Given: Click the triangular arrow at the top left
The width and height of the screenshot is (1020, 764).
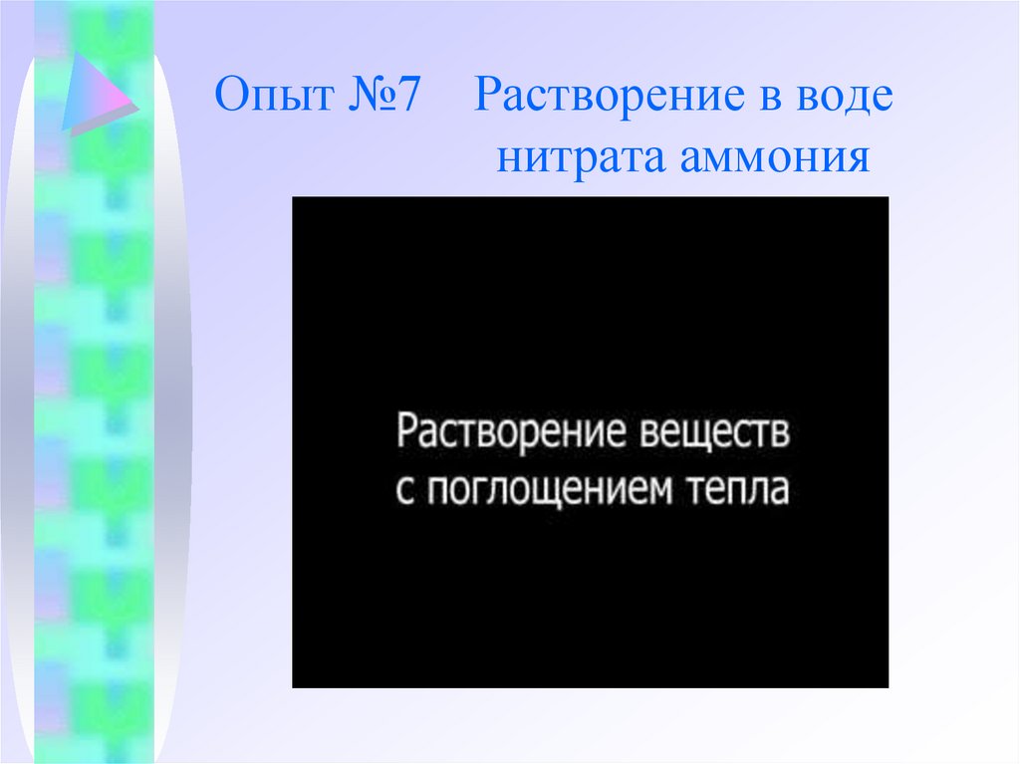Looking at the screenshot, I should coord(96,95).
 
